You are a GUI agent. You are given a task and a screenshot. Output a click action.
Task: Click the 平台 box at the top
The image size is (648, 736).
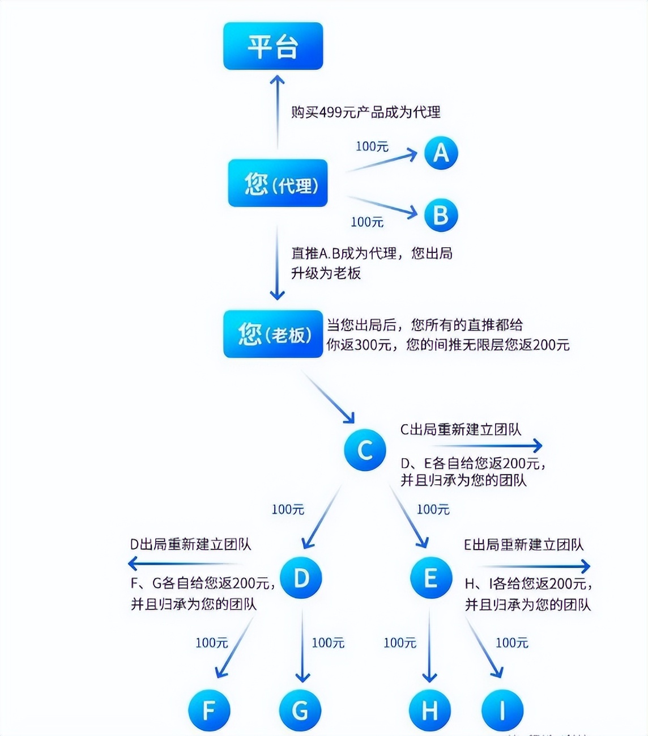(273, 46)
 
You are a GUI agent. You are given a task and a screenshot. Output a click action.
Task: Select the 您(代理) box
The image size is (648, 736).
(278, 183)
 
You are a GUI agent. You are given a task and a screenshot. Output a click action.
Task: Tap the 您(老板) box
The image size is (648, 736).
(273, 334)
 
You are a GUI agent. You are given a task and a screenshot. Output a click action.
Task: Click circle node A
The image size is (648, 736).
(441, 153)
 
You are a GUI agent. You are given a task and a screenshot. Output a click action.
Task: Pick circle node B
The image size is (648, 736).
(441, 215)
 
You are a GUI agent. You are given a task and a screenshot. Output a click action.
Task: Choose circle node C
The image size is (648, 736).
(365, 450)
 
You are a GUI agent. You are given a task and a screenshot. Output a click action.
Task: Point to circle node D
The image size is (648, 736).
(301, 578)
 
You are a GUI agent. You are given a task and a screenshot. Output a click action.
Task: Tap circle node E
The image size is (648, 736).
(431, 578)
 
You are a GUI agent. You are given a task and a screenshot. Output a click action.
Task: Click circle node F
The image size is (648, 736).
(209, 710)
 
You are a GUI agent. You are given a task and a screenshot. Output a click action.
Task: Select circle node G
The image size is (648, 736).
(300, 710)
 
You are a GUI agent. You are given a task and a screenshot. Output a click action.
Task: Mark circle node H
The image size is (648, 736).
(430, 710)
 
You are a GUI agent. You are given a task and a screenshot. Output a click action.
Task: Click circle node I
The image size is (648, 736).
(502, 710)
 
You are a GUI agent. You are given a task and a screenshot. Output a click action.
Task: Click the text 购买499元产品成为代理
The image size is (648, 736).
(365, 112)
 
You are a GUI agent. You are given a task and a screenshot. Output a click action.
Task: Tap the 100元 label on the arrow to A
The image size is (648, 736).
(372, 146)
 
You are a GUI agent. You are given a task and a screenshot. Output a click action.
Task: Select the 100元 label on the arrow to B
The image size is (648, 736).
(367, 222)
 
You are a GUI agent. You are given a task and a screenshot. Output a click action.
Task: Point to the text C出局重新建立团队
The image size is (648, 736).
(461, 429)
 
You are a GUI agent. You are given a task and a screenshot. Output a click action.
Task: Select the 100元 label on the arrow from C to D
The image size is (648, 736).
(288, 509)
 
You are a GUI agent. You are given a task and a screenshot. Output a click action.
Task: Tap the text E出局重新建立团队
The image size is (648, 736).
(523, 544)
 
